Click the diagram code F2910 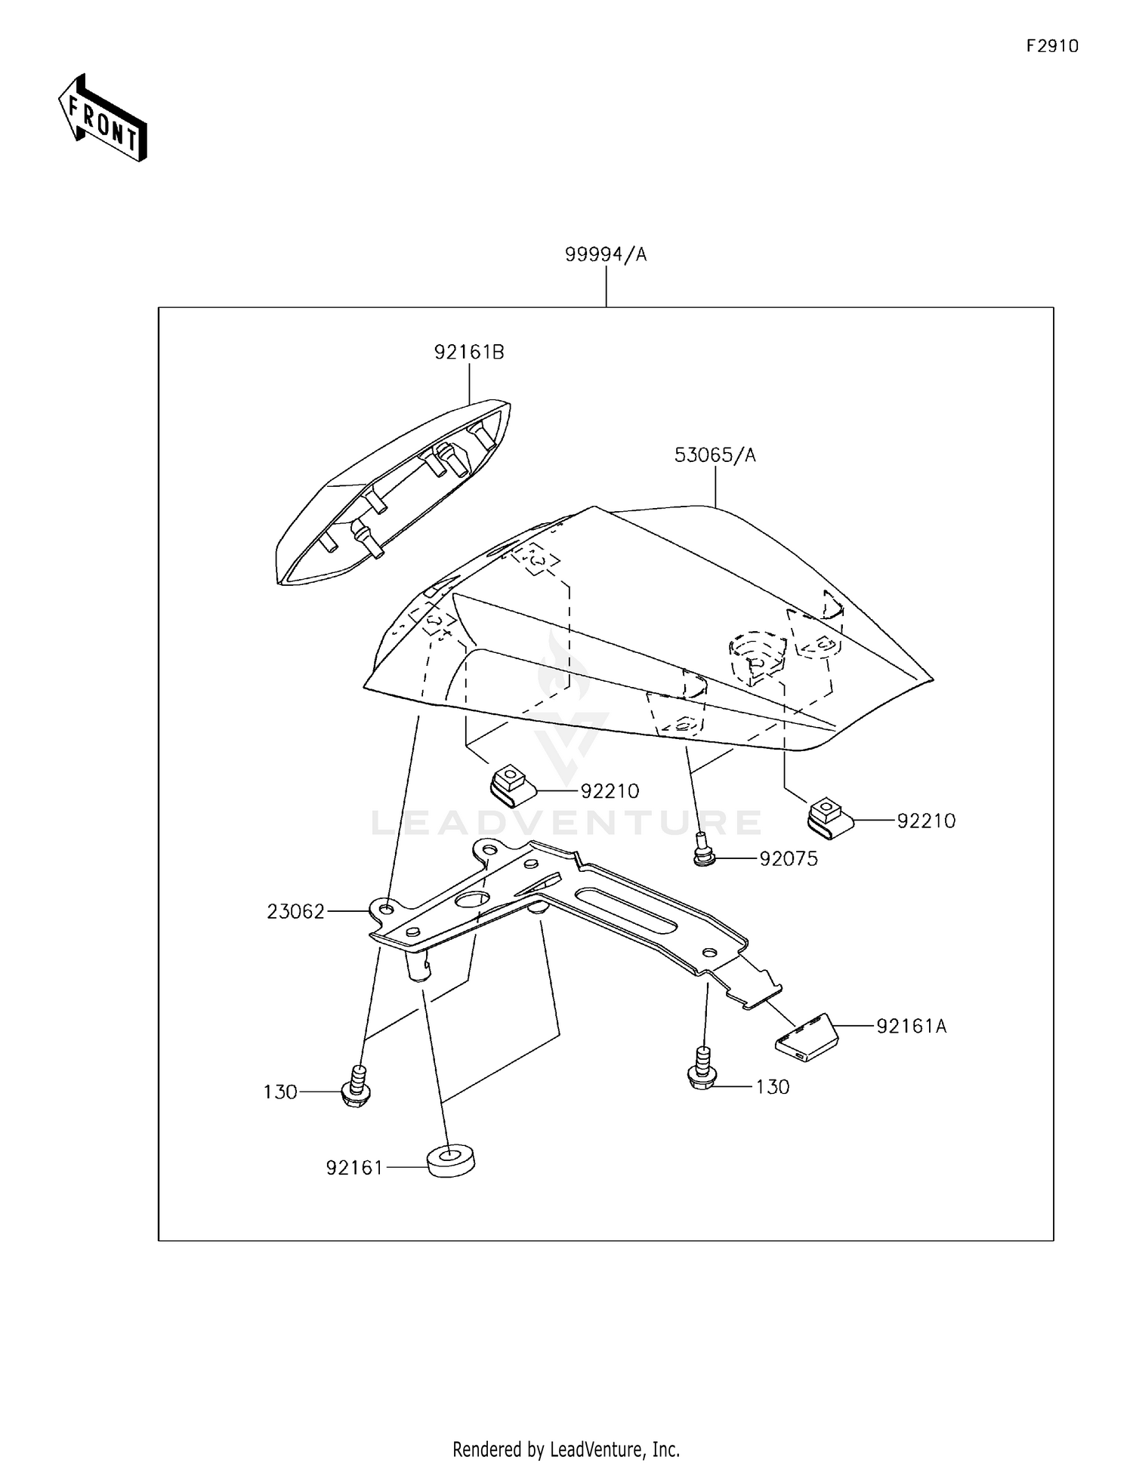[x=1052, y=46]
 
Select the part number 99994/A [x=606, y=255]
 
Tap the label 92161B [x=469, y=352]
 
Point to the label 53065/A [x=715, y=455]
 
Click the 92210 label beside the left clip [x=610, y=791]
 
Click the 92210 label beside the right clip [x=926, y=821]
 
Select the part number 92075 [x=788, y=859]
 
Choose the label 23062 [x=295, y=912]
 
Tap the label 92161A [x=911, y=1026]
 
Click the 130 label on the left [x=280, y=1092]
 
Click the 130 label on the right [x=773, y=1087]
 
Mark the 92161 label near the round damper [x=354, y=1168]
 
